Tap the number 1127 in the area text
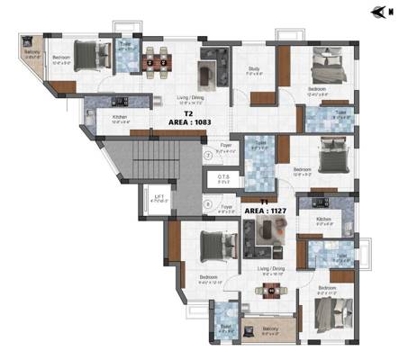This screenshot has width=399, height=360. click(x=274, y=211)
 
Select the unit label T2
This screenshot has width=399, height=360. click(x=188, y=115)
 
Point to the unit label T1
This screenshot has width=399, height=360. click(x=264, y=202)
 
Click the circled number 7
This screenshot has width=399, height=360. click(x=207, y=156)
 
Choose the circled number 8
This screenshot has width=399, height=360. click(x=207, y=204)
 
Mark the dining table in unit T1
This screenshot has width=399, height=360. click(x=268, y=290)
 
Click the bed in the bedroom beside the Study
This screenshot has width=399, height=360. click(x=326, y=68)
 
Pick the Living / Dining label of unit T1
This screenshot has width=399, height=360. click(x=271, y=268)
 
